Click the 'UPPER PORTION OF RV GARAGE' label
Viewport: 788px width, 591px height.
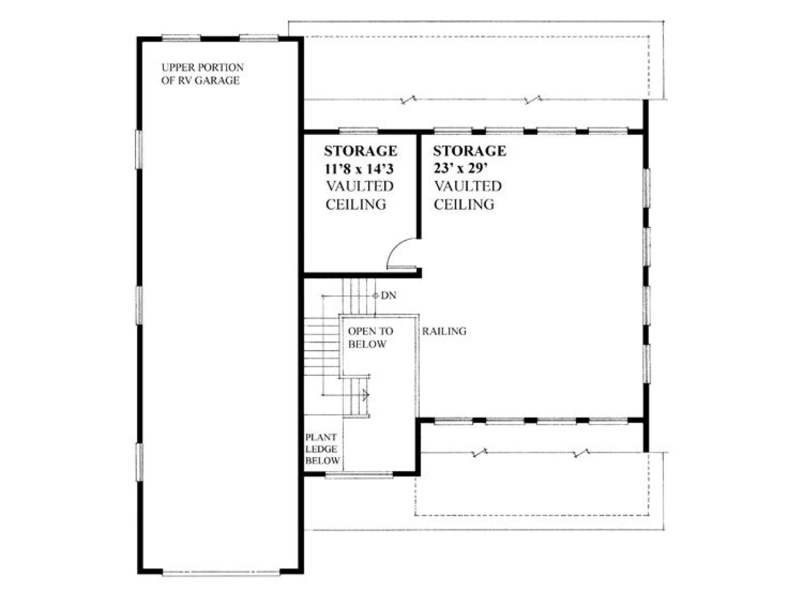click(202, 74)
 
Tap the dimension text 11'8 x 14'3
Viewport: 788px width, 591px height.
click(359, 168)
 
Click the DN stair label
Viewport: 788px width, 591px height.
click(389, 295)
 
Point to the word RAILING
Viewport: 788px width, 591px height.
click(444, 331)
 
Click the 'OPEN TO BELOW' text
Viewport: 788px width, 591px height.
click(370, 338)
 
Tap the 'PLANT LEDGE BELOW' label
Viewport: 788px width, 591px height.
click(322, 449)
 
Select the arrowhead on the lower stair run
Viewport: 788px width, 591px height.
click(366, 395)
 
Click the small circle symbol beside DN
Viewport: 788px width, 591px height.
click(375, 295)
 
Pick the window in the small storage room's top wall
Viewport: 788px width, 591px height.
click(358, 131)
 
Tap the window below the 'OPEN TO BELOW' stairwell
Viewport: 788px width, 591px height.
click(359, 476)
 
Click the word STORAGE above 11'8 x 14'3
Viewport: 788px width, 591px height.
click(361, 151)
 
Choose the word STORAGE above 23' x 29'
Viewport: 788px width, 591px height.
click(469, 151)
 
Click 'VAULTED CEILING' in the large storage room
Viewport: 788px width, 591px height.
click(467, 195)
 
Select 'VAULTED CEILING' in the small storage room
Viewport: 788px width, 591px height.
click(360, 195)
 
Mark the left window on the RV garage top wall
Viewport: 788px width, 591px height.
click(181, 38)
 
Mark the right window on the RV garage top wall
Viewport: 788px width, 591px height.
click(259, 38)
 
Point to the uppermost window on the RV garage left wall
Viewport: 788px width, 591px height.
click(138, 149)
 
